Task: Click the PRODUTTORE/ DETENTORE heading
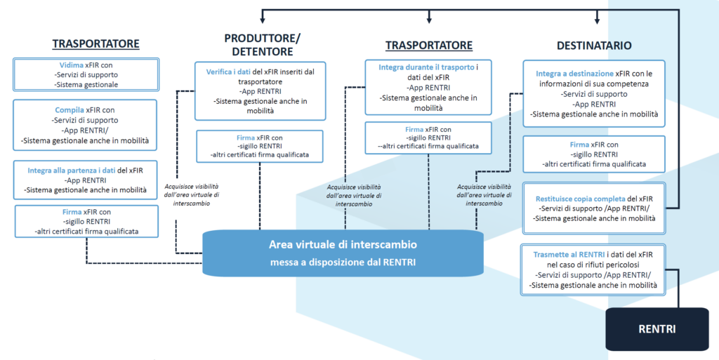[262, 44]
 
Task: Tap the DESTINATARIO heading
[593, 46]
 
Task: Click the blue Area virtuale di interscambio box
[343, 253]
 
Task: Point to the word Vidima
[69, 65]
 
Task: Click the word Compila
[70, 110]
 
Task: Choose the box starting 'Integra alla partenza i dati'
[86, 180]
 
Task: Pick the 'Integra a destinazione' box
[594, 93]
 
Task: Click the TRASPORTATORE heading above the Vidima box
[95, 44]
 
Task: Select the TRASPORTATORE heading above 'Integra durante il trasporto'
[429, 46]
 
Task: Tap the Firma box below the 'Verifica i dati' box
[260, 146]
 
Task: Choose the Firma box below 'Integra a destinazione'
[594, 154]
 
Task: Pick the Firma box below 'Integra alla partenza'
[86, 221]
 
